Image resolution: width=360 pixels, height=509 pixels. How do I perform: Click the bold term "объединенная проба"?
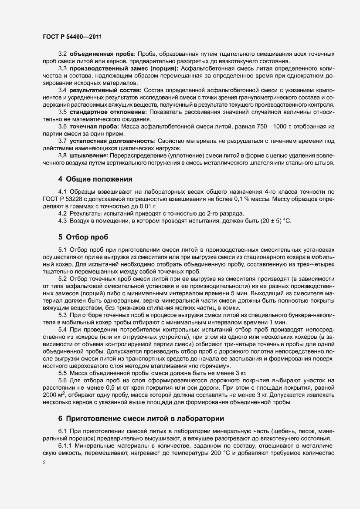(102, 54)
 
